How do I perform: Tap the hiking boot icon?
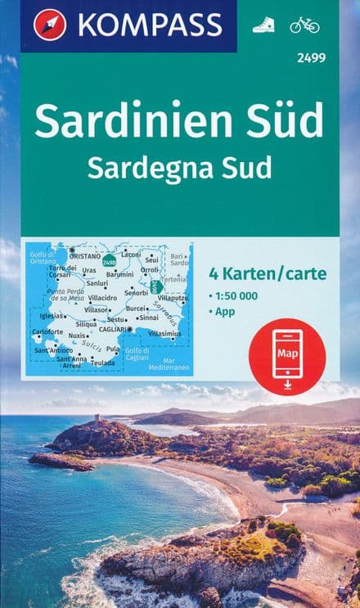tap(263, 25)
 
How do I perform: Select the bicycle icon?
tap(304, 25)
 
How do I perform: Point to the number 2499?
tap(303, 57)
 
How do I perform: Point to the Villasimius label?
tap(165, 334)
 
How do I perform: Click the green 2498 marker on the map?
tap(109, 261)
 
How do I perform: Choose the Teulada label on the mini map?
tap(103, 363)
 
